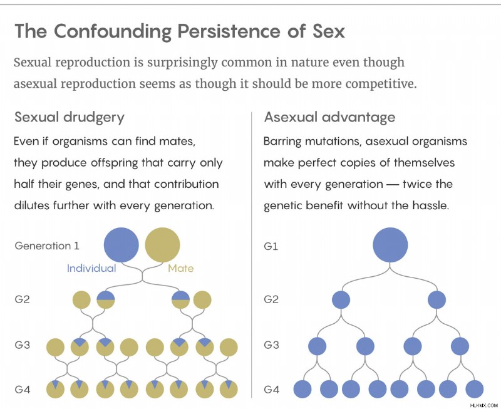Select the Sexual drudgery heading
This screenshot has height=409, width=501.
70,118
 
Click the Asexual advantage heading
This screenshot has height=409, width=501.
329,118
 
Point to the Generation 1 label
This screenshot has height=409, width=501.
47,246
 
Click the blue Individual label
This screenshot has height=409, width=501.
91,268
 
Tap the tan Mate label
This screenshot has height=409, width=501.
181,268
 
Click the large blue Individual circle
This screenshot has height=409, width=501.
121,245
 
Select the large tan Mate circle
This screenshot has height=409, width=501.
162,245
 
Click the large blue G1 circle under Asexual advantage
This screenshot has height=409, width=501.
390,245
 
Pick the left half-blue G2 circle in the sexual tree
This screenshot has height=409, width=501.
106,300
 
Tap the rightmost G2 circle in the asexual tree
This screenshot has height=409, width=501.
436,300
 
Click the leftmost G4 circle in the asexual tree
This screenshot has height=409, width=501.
302,389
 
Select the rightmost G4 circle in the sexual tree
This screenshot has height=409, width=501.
229,389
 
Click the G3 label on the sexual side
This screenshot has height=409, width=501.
22,345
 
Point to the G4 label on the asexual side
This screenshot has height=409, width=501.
272,390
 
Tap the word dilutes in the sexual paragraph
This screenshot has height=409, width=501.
31,205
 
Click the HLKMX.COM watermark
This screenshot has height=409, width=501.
484,405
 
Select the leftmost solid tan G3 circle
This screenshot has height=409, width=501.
56,347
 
